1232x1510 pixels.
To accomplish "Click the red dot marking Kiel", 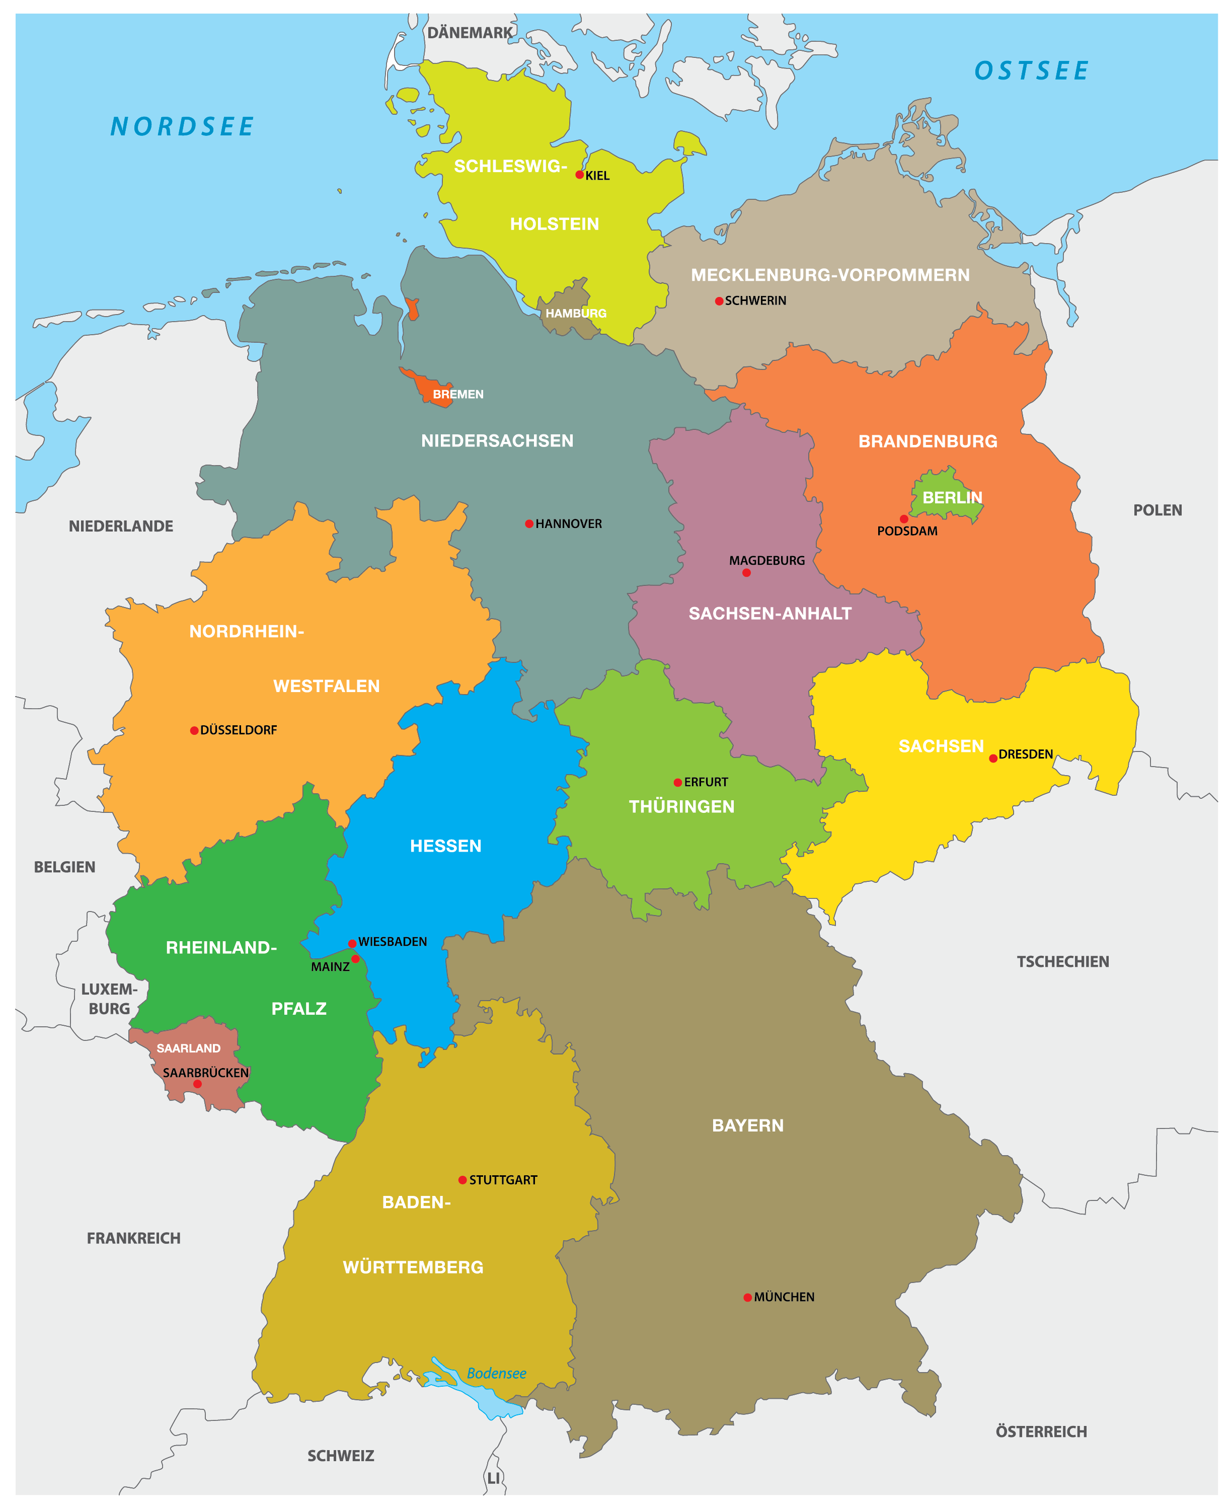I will tap(580, 175).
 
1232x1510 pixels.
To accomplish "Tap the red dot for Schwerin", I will tap(719, 301).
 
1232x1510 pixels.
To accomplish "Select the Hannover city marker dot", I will tap(529, 523).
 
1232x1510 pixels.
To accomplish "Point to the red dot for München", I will tap(747, 1298).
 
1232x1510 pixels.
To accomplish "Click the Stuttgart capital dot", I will tap(463, 1180).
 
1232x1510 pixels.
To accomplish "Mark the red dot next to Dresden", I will tap(993, 759).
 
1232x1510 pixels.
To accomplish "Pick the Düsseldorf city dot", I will tap(194, 731).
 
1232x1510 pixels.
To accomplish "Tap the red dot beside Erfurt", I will tap(678, 783).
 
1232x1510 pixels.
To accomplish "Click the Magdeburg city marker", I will tap(746, 573).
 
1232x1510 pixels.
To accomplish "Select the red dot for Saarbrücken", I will tap(197, 1084).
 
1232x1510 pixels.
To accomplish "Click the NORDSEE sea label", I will tap(182, 127).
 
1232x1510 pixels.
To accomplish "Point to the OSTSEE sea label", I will tap(1031, 71).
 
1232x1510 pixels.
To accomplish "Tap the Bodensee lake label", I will tap(497, 1374).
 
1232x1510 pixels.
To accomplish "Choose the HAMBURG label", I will tap(576, 314).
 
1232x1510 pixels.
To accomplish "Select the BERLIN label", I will tap(952, 497).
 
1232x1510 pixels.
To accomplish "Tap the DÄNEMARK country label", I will tap(470, 33).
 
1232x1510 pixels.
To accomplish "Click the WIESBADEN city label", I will tap(393, 942).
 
